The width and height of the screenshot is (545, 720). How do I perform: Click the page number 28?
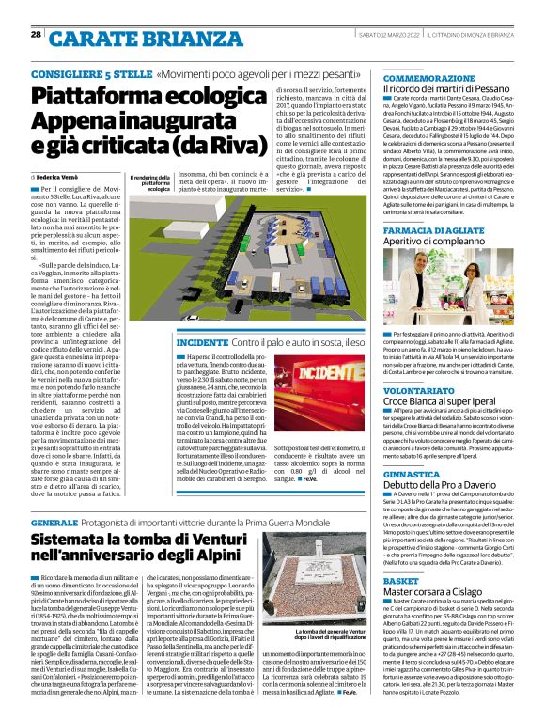tap(35, 35)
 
